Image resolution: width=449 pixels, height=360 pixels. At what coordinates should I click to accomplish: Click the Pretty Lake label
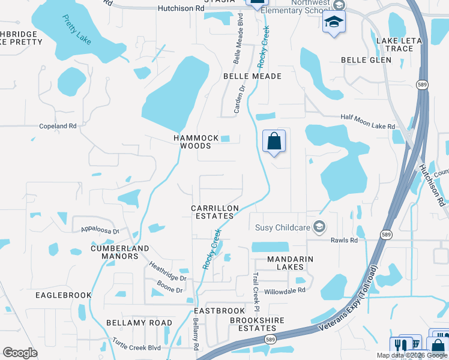pos(77,28)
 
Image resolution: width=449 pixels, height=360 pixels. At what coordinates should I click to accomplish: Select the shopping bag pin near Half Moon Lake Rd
pos(274,142)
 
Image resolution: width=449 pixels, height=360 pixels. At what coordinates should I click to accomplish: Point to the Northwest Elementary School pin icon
pos(334,24)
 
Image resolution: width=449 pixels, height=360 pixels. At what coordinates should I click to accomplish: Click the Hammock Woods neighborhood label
pos(196,142)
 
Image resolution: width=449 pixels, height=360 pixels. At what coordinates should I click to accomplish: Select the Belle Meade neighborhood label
pos(252,77)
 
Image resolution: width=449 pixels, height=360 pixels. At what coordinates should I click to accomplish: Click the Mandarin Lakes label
pos(283,263)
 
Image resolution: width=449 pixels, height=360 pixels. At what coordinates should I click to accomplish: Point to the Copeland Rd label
pos(58,127)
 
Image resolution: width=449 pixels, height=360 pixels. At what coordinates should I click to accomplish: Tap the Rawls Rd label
pos(344,241)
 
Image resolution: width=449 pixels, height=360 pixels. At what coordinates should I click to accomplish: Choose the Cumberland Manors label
pos(119,252)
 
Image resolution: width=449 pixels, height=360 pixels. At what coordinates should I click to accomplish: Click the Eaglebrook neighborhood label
pos(63,295)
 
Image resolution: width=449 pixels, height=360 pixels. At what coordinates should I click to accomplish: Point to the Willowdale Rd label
pos(286,290)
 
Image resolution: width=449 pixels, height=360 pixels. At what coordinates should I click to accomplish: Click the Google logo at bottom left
pos(20,353)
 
